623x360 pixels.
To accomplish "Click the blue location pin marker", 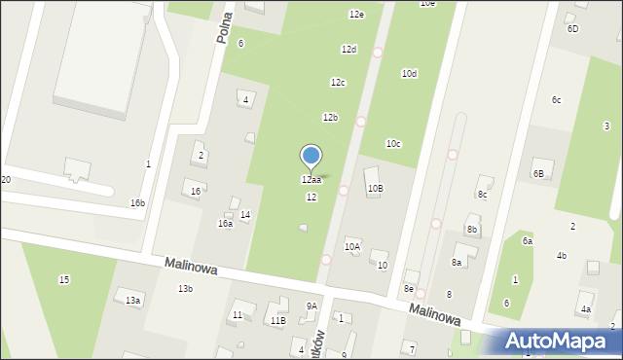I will pos(311,157).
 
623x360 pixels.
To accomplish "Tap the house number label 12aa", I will pos(311,180).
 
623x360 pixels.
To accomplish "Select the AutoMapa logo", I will pos(560,342).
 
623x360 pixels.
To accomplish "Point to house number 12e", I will pos(356,14).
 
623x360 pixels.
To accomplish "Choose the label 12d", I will pos(348,49).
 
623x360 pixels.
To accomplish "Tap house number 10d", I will pos(409,73).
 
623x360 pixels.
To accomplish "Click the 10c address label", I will pos(392,143).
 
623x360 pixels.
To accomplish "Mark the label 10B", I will pos(375,188).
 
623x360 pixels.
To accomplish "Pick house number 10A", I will pos(352,247).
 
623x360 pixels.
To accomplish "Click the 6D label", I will pos(572,29).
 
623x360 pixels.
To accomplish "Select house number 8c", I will pos(482,194).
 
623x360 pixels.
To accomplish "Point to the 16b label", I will pos(137,203).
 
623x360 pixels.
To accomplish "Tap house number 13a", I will pos(132,301).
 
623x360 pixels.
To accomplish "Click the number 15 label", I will pos(64,280).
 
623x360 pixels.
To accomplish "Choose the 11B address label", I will pos(277,320).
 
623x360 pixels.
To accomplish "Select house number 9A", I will pos(311,306).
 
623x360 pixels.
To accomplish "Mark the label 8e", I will pos(409,289).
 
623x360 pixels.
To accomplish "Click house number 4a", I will pos(585,309).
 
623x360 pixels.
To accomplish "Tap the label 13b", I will pos(185,289).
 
